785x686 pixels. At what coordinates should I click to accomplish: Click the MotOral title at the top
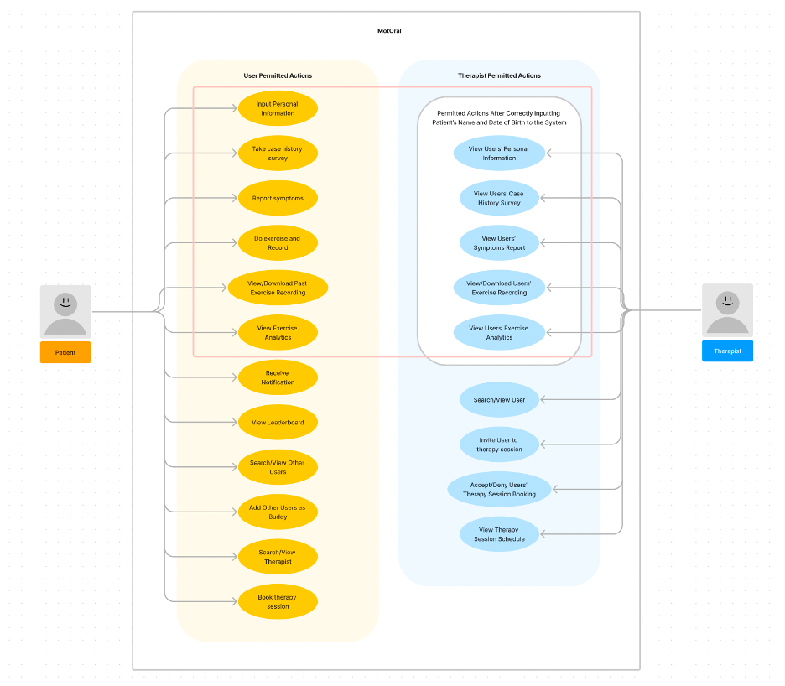tap(389, 31)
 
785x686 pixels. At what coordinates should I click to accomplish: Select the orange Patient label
tap(65, 352)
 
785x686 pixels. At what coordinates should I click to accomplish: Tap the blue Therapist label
tap(727, 351)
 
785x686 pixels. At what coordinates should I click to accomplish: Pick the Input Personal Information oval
tap(278, 108)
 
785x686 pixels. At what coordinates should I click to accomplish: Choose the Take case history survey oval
tap(278, 153)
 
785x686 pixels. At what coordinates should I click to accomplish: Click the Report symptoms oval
tap(278, 199)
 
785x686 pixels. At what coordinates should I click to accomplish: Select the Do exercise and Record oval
tap(278, 243)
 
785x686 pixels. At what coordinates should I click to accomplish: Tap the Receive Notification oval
tap(278, 377)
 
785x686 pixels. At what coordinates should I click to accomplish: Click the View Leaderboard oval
tap(278, 423)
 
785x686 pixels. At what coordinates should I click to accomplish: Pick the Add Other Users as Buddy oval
tap(278, 512)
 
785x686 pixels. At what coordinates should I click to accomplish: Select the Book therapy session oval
tap(278, 601)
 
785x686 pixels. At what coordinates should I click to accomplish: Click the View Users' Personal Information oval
tap(499, 153)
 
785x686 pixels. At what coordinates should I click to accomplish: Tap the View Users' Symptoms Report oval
tap(499, 243)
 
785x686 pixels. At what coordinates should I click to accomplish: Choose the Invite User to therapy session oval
tap(499, 444)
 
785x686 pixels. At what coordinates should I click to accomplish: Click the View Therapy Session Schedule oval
tap(499, 534)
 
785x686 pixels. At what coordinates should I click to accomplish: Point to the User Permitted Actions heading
tap(278, 75)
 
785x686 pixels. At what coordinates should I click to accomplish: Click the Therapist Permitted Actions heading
tap(499, 75)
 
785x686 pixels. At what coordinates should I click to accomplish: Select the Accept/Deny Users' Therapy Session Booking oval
tap(499, 490)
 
